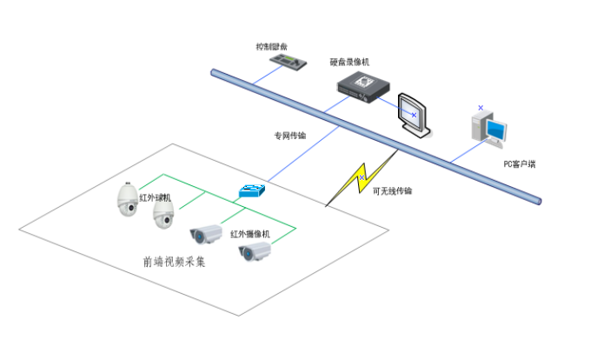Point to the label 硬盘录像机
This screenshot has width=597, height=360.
click(349, 62)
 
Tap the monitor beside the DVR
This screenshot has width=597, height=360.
click(413, 114)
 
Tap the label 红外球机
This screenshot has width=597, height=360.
click(156, 197)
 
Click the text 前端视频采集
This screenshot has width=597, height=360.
click(175, 261)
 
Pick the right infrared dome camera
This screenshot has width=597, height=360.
click(163, 214)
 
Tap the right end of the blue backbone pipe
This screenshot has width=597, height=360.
click(540, 201)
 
